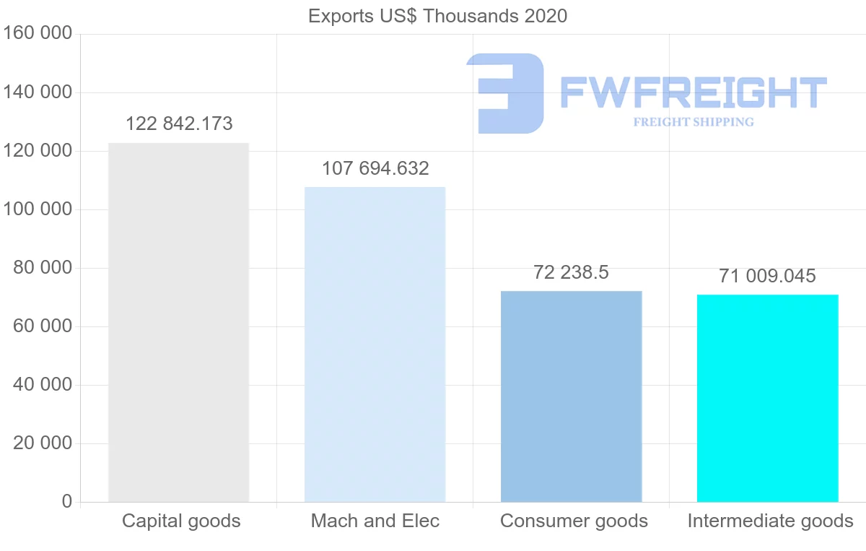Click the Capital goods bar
[x=178, y=322]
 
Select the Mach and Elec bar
[x=375, y=344]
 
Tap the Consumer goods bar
[x=571, y=396]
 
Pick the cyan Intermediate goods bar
[x=767, y=398]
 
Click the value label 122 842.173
[x=179, y=124]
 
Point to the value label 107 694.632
[x=375, y=169]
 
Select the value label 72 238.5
[x=571, y=273]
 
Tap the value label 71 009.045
[x=767, y=277]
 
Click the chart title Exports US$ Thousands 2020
[x=437, y=16]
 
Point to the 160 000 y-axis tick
[x=38, y=34]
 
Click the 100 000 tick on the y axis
[x=38, y=209]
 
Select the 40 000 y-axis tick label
[x=43, y=385]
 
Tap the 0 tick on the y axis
[x=67, y=502]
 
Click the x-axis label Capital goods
[x=181, y=521]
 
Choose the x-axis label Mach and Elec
[x=375, y=521]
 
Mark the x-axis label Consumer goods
[x=574, y=521]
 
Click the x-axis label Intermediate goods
[x=770, y=521]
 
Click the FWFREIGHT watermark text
[x=693, y=92]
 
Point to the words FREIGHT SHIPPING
[x=693, y=122]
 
